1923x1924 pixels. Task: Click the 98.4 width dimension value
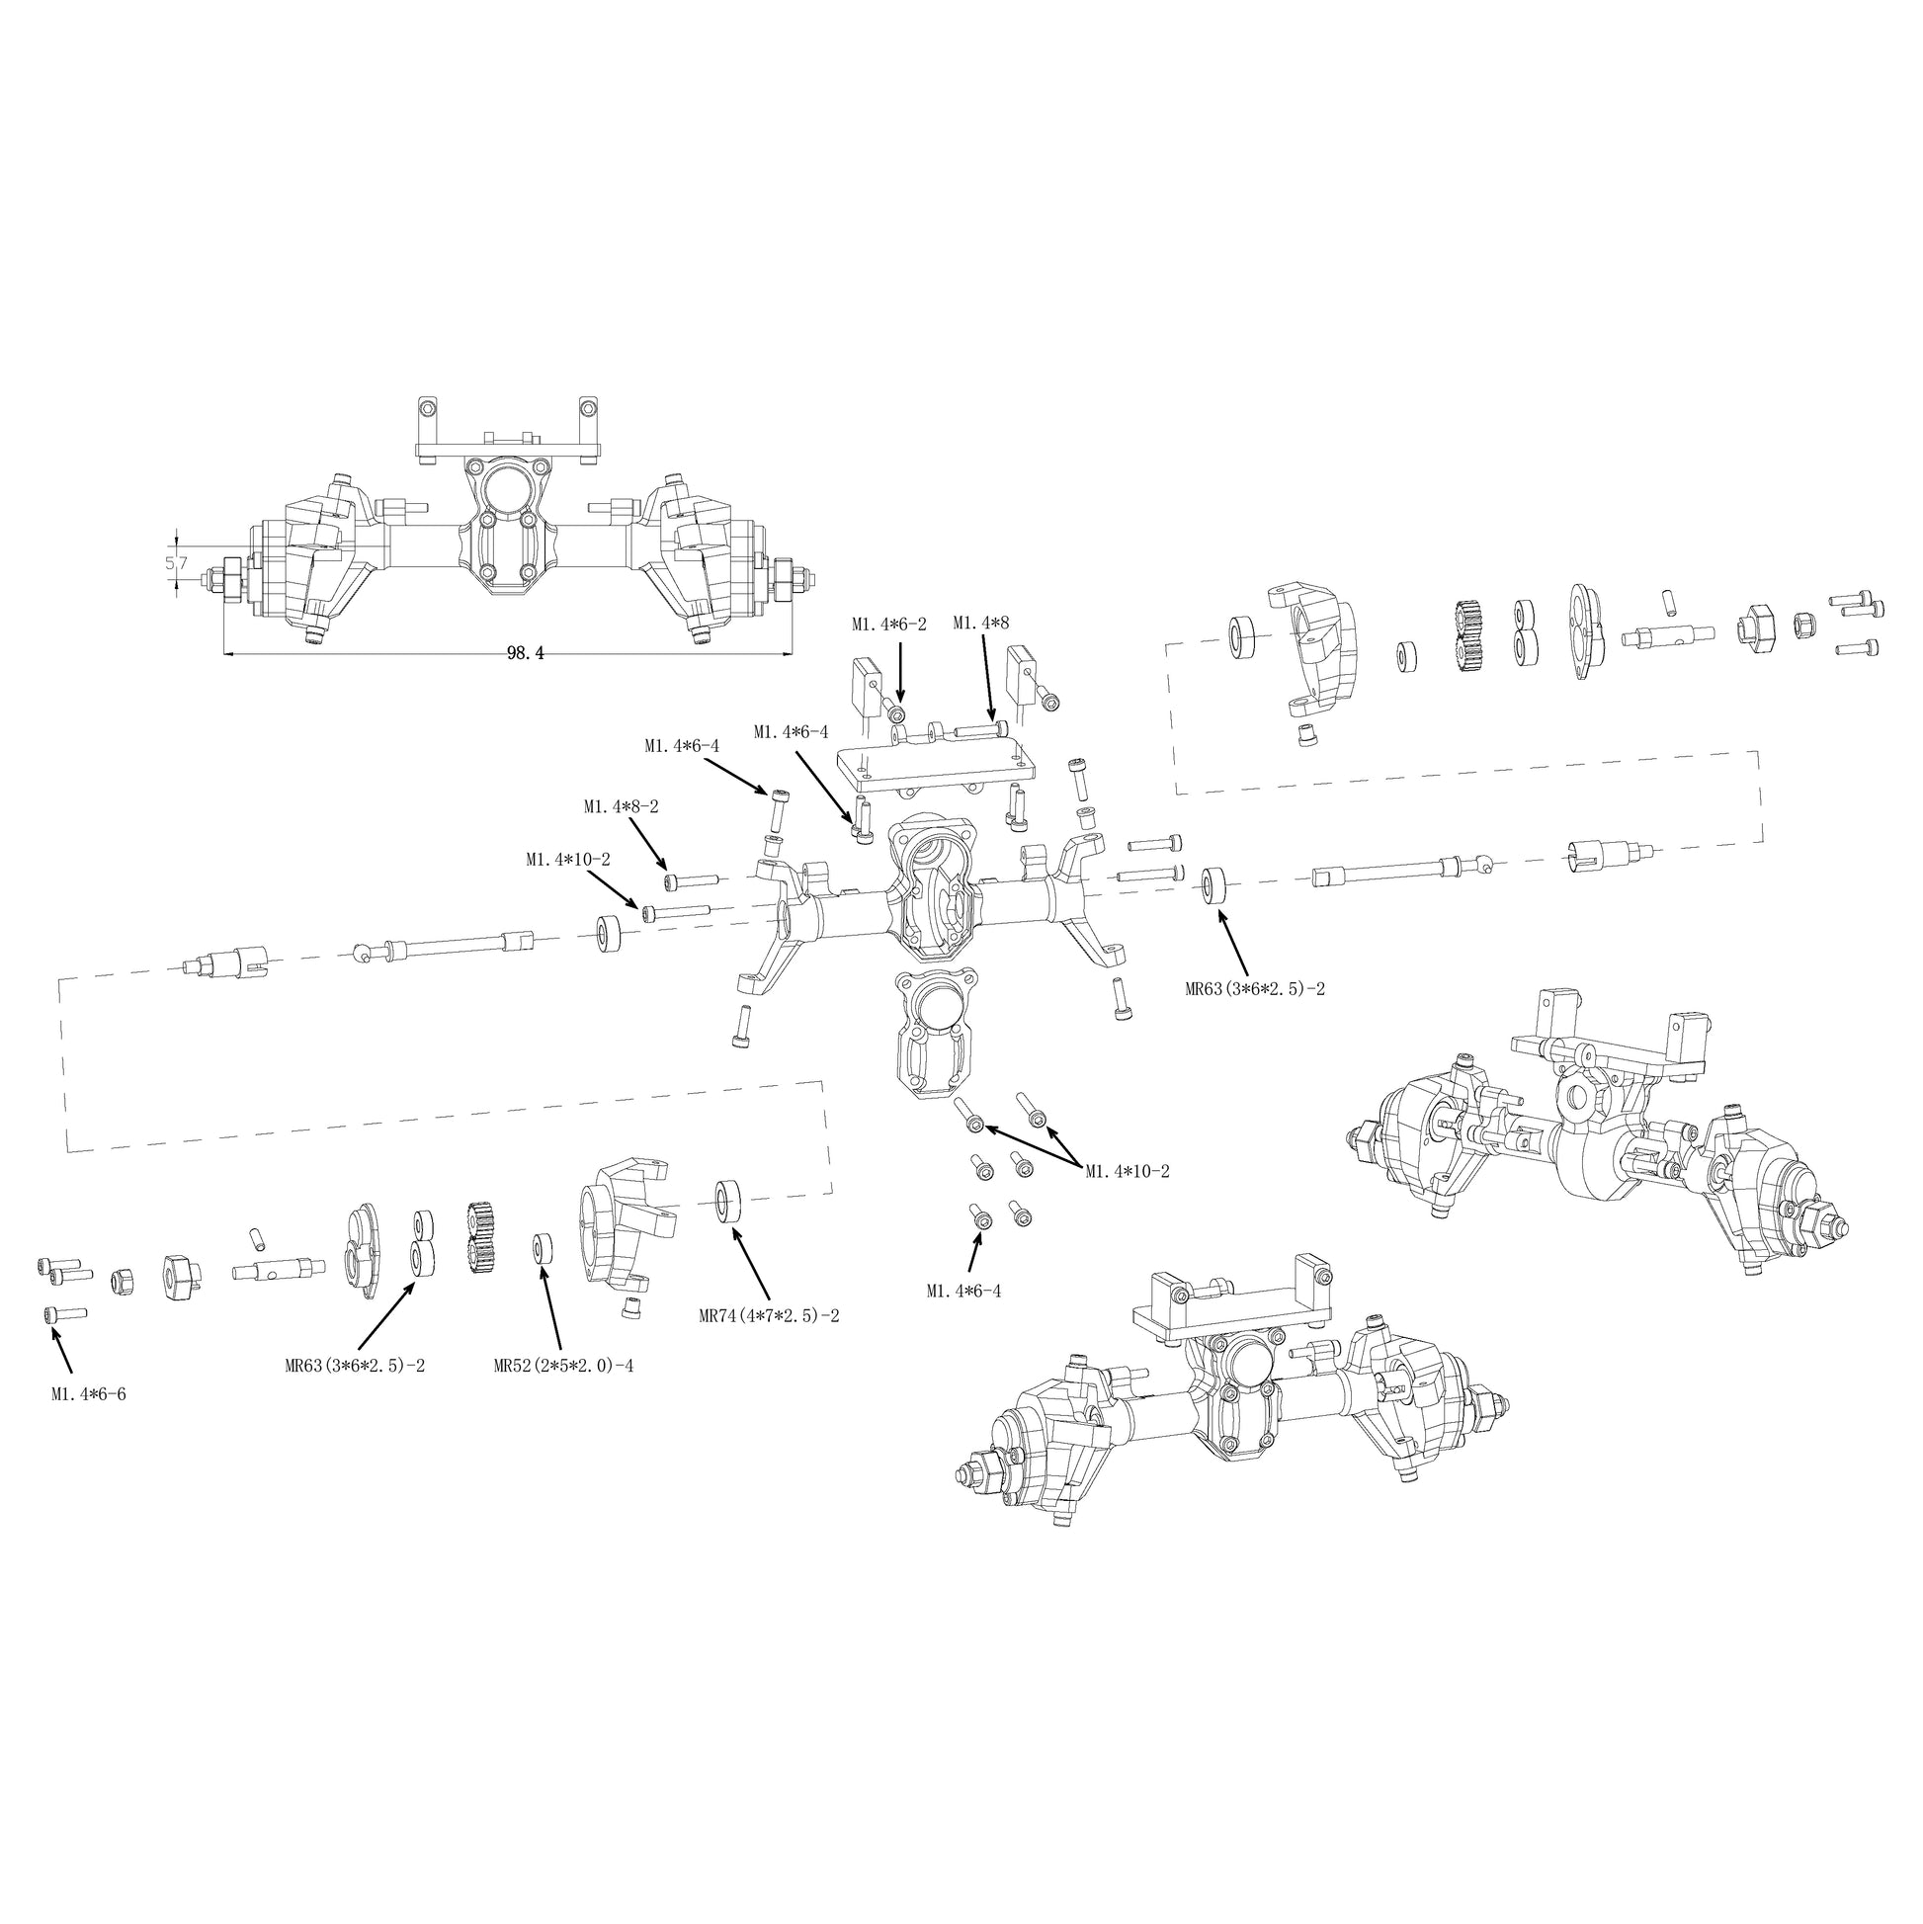pyautogui.click(x=525, y=653)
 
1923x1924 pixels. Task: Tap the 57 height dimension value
pyautogui.click(x=176, y=562)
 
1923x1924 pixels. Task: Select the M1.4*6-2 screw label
pyautogui.click(x=888, y=624)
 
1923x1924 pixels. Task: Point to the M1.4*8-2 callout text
pyautogui.click(x=621, y=806)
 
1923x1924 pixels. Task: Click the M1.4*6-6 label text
pyautogui.click(x=89, y=1394)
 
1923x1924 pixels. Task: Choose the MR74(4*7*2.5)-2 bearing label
pyautogui.click(x=769, y=1315)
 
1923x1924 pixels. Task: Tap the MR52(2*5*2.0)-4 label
pyautogui.click(x=563, y=1366)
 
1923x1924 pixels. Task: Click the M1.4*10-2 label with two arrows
pyautogui.click(x=1128, y=1171)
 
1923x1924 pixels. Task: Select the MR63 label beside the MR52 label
pyautogui.click(x=355, y=1366)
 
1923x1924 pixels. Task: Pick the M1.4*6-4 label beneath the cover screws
pyautogui.click(x=963, y=1292)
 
